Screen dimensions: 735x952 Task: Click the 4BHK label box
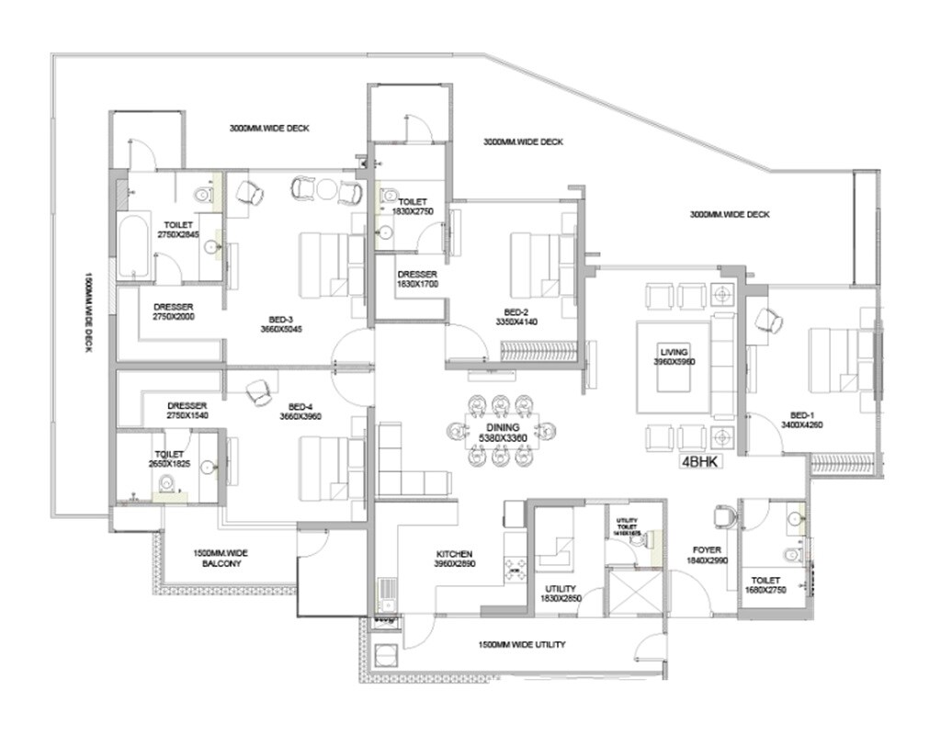[698, 463]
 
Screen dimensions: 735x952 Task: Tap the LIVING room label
[674, 356]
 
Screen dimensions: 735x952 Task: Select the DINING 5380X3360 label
[498, 433]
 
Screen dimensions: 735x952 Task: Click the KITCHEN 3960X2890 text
[454, 560]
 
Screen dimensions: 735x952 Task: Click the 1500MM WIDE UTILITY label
[522, 645]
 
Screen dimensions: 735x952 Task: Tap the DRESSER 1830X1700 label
[417, 279]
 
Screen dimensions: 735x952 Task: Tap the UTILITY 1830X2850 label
[560, 594]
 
